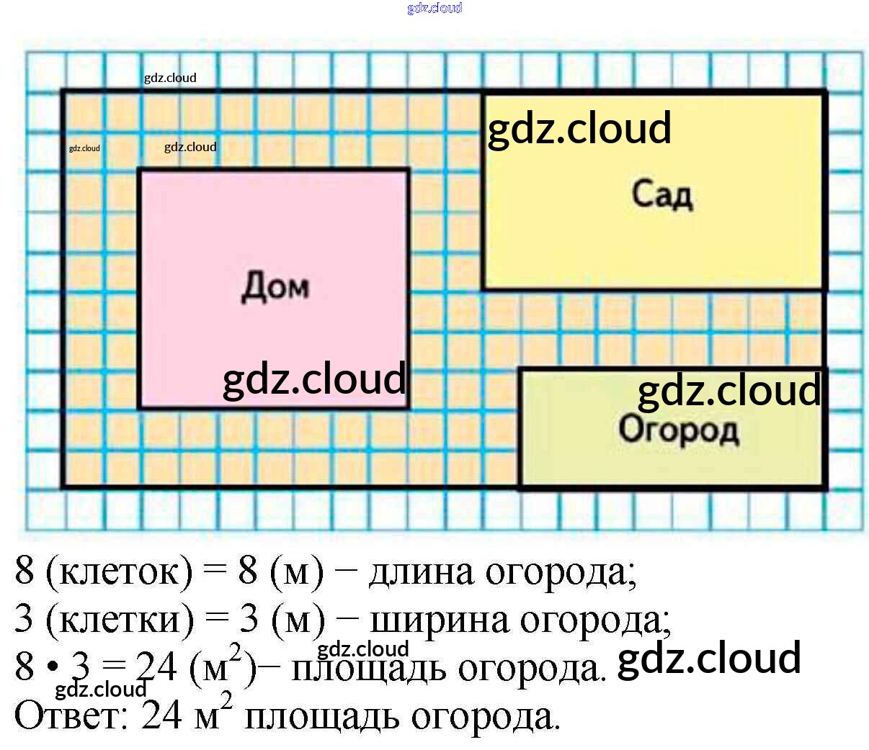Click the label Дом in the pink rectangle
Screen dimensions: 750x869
coord(275,286)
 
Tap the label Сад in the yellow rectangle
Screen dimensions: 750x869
coord(662,194)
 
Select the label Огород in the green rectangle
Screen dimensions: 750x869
coord(678,430)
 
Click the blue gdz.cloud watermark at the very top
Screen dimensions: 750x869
coord(434,8)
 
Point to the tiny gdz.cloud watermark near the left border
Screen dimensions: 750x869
coord(84,148)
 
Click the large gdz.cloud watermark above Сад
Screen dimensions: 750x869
coord(579,128)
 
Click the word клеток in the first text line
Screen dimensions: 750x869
coord(120,572)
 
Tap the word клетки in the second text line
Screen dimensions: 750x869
coord(120,620)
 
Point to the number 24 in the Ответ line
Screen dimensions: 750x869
coord(161,715)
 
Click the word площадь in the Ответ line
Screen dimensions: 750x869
coord(321,717)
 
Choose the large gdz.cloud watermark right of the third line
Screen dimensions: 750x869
coord(709,658)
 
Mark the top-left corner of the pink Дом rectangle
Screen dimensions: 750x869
coord(139,171)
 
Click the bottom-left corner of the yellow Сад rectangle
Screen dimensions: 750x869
coord(483,289)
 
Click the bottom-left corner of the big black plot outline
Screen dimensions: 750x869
coord(63,487)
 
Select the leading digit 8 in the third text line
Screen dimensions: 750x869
coord(24,667)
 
